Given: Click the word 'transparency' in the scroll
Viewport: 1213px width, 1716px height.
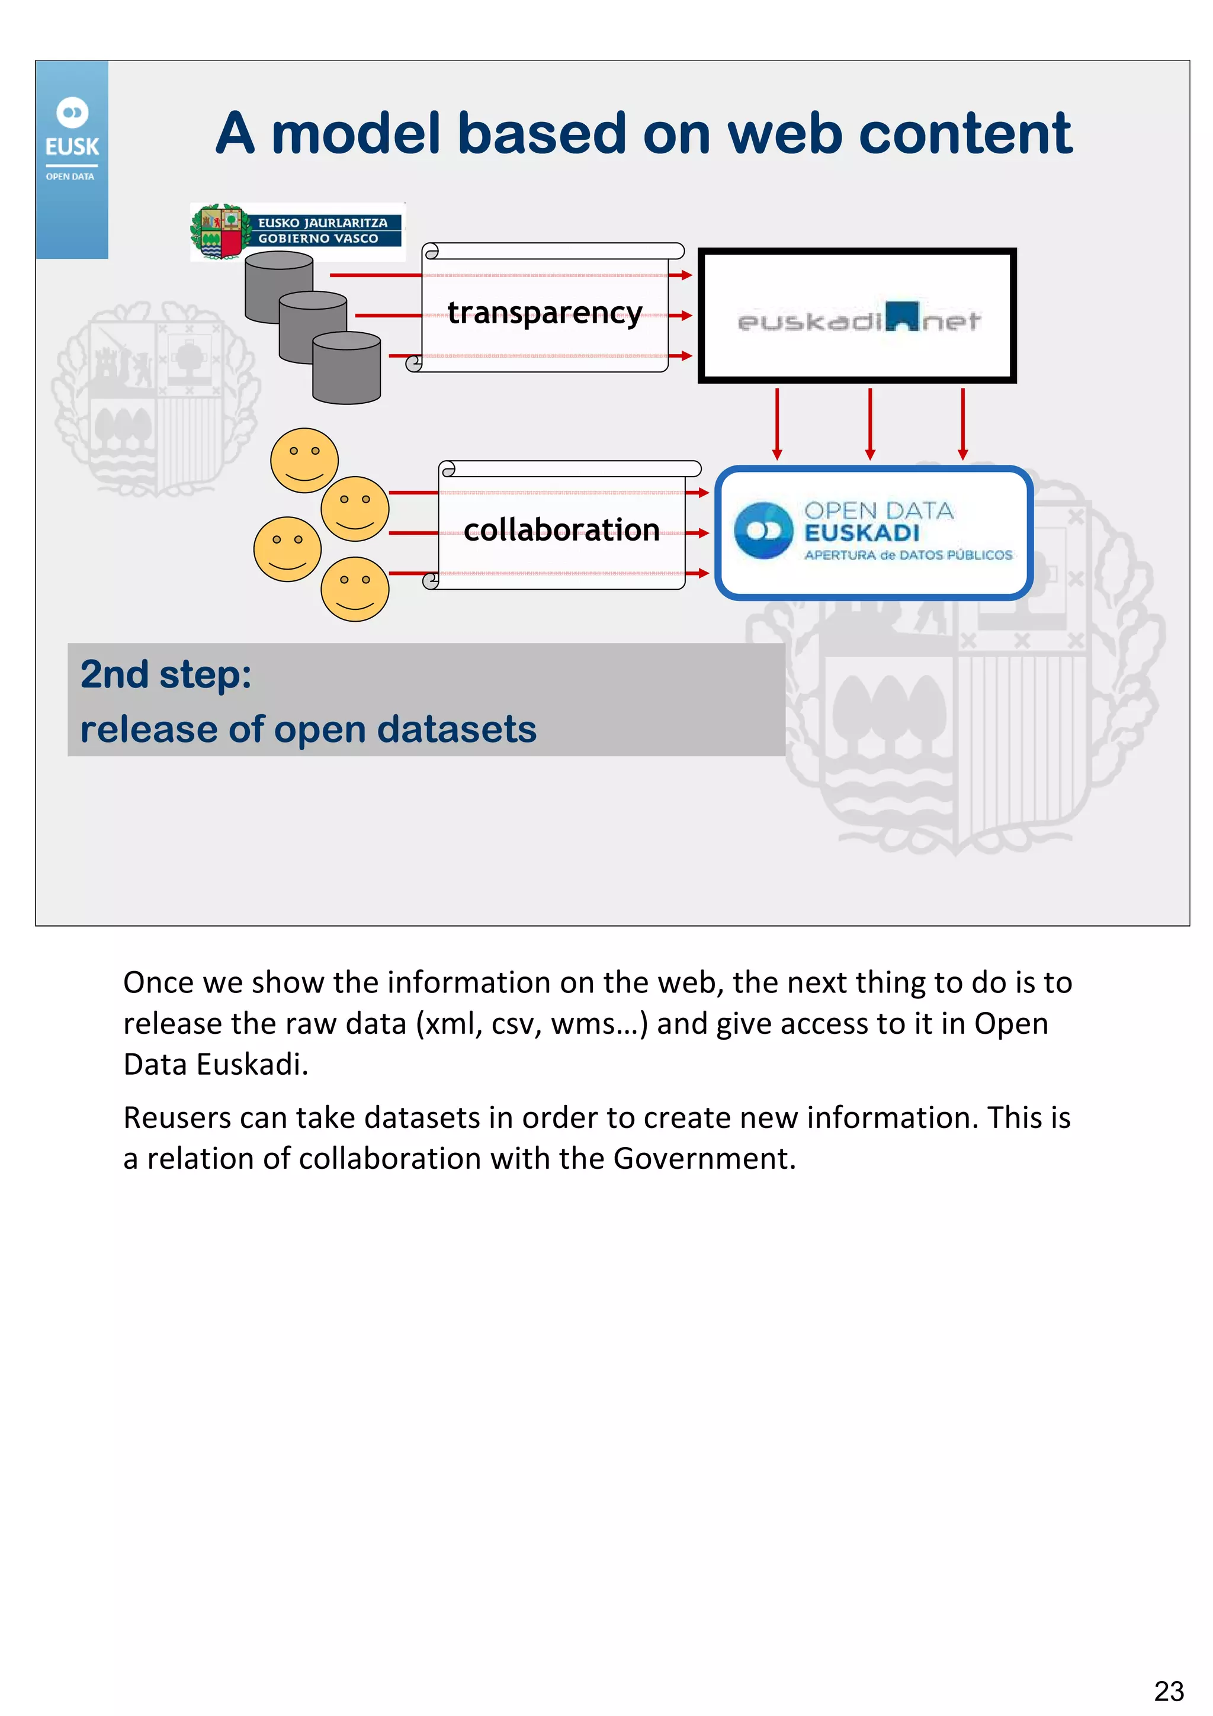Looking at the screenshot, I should (x=545, y=313).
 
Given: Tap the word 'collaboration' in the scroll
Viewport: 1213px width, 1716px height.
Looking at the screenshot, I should (x=561, y=530).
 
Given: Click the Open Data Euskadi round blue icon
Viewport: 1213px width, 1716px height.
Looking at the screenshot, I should (x=763, y=531).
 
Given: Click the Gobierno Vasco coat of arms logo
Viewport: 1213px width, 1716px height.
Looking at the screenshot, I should (x=217, y=232).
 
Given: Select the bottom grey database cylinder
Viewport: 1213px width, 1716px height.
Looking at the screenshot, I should (x=347, y=368).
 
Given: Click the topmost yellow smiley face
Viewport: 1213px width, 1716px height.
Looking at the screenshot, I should (x=304, y=459).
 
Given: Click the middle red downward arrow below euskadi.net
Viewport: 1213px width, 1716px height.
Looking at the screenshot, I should (x=870, y=423).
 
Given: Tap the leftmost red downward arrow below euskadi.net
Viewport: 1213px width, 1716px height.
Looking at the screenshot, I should (x=777, y=423).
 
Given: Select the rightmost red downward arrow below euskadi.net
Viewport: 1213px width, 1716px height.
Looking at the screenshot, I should (x=962, y=423).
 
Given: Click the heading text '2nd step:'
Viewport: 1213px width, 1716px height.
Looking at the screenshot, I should (x=166, y=674).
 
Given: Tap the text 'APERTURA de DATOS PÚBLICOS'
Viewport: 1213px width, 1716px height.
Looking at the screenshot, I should (x=908, y=555).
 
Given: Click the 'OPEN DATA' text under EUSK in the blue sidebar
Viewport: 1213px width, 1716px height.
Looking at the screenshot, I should (x=70, y=177).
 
